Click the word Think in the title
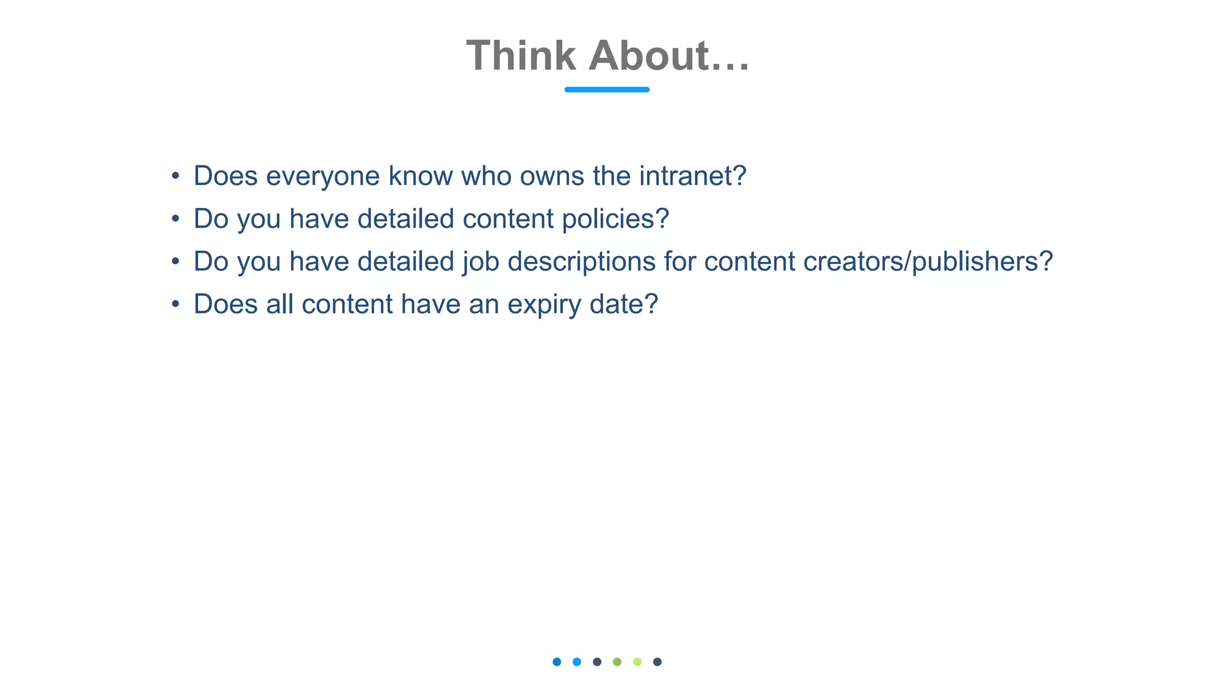click(x=520, y=56)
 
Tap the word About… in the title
click(x=669, y=56)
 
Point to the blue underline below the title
click(x=607, y=90)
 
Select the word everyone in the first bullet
click(x=322, y=176)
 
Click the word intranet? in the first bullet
click(x=692, y=176)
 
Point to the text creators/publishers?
click(x=928, y=261)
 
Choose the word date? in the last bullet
click(x=624, y=304)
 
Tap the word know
click(x=420, y=176)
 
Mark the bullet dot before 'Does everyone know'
click(x=175, y=176)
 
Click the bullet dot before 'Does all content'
click(x=175, y=304)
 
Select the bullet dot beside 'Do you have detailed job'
click(x=175, y=261)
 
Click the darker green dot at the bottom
click(x=617, y=662)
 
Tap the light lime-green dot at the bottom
click(x=637, y=662)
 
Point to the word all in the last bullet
click(x=280, y=304)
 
